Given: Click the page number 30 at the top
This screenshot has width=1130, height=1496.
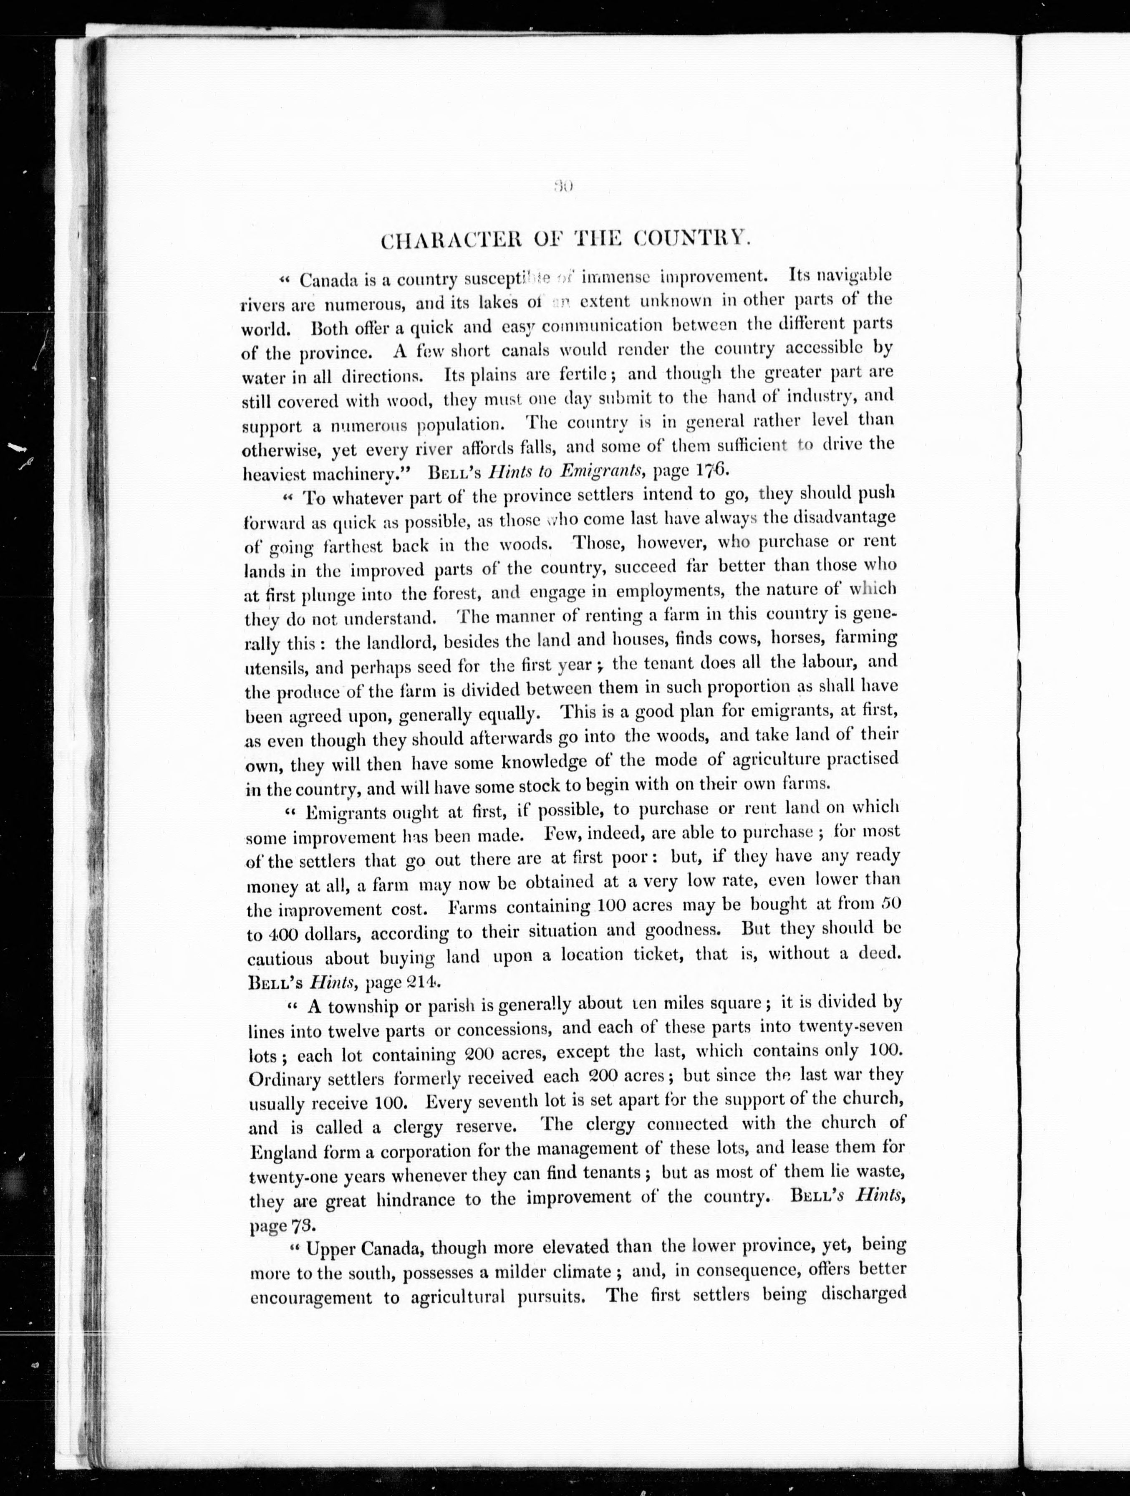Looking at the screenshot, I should tap(562, 184).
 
